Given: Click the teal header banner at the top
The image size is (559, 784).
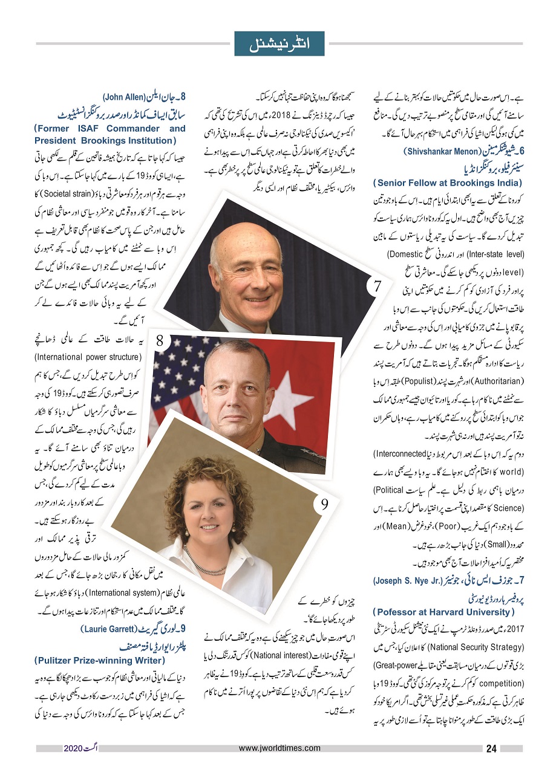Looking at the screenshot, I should point(279,44).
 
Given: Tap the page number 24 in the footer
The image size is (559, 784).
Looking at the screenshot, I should point(491,748).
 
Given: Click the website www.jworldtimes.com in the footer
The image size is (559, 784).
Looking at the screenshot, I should point(279,748).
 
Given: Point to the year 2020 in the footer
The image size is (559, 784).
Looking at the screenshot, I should point(75,748).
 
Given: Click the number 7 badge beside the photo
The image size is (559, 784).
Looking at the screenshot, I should point(376,286).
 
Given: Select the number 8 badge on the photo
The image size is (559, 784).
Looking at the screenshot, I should point(160,342).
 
